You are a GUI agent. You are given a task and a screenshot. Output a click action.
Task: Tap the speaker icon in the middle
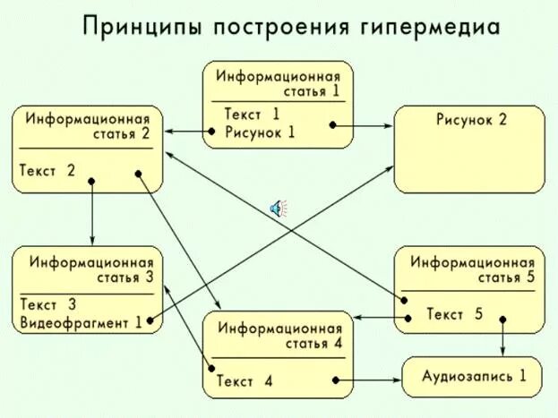pos(279,209)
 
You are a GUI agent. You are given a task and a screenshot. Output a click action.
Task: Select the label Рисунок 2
pos(471,120)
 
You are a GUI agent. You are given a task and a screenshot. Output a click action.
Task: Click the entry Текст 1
pos(252,114)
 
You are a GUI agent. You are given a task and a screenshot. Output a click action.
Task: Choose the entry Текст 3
pos(47,304)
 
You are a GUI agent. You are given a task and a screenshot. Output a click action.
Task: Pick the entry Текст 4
pos(244,381)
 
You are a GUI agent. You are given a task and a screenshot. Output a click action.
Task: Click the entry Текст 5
pos(454,314)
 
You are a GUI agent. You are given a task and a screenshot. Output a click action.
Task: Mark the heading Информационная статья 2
pos(88,126)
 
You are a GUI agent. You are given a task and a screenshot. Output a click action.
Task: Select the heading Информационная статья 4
pos(279,335)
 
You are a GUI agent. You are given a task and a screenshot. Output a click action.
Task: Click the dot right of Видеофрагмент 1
pos(151,319)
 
